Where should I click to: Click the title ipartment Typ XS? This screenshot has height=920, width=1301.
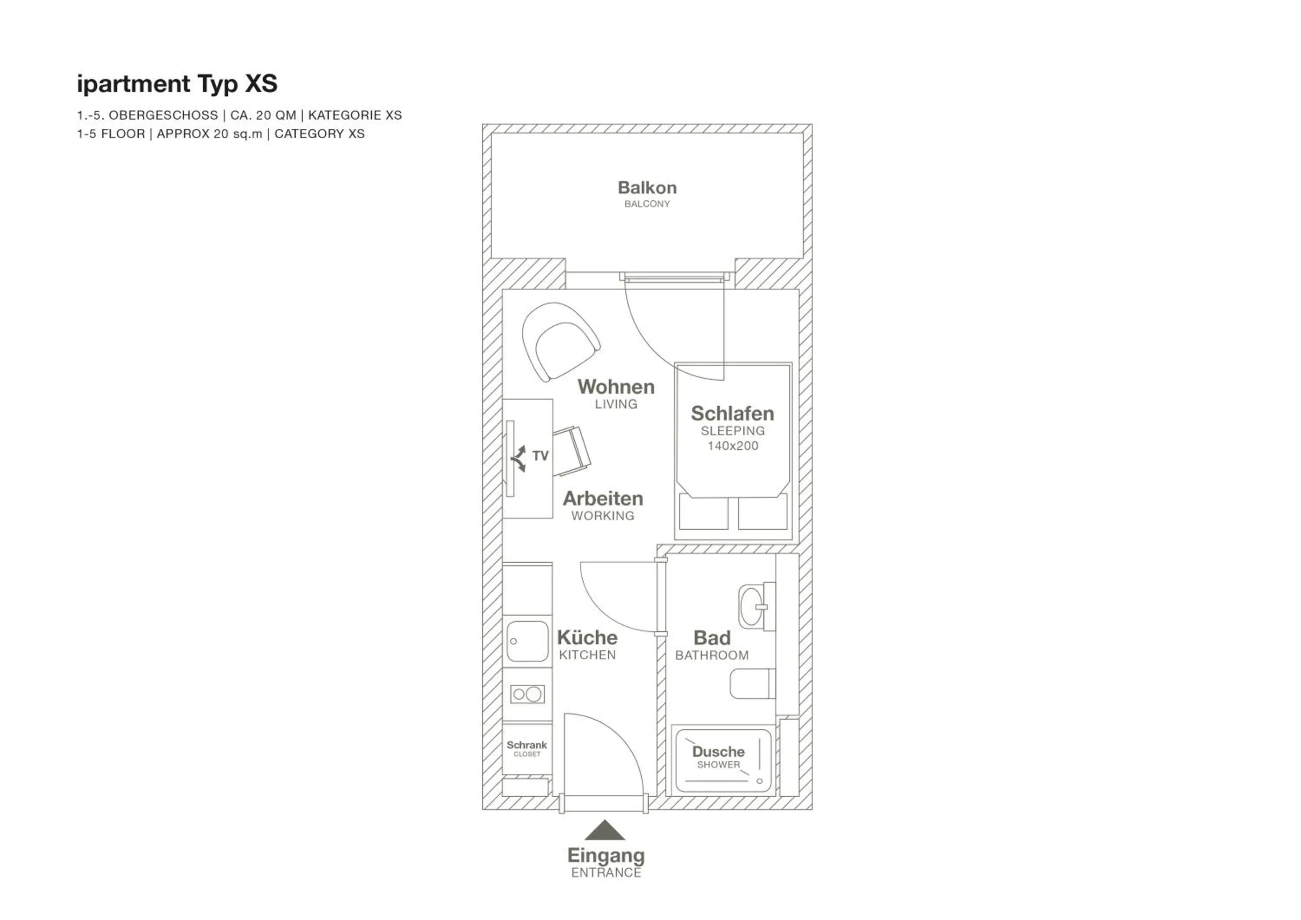(x=177, y=84)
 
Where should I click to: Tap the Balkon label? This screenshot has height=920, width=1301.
(x=647, y=188)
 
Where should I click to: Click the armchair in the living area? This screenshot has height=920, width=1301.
(x=559, y=342)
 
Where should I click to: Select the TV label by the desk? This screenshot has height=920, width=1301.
(x=540, y=456)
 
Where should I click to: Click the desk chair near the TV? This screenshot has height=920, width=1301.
(x=571, y=451)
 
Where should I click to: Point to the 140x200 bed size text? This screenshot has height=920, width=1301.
(x=732, y=446)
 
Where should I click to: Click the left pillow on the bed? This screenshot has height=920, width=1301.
(x=703, y=512)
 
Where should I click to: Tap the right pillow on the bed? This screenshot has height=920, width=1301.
(x=762, y=512)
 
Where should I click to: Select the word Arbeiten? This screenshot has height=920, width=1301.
(x=602, y=499)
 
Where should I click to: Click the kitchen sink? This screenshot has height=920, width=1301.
(x=527, y=641)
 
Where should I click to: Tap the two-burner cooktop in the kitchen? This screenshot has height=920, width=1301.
(x=527, y=694)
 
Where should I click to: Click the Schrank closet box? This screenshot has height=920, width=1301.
(x=527, y=748)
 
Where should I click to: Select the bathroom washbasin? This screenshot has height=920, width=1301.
(x=752, y=607)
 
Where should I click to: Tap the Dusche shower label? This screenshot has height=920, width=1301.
(x=718, y=752)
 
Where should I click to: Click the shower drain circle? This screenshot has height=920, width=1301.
(x=759, y=781)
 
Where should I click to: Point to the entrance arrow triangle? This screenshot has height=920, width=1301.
(x=605, y=831)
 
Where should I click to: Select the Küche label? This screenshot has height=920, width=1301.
(x=587, y=637)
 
